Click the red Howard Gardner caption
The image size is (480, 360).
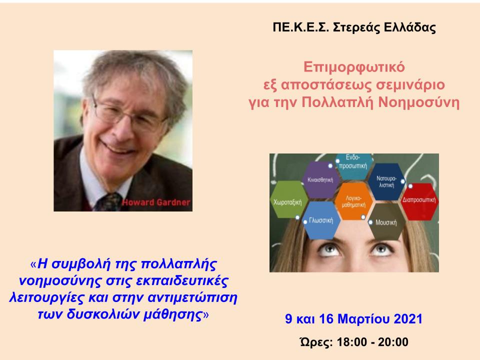(x=156, y=202)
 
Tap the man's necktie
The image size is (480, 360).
(x=108, y=202)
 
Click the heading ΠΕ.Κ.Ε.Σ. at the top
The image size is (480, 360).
(x=300, y=27)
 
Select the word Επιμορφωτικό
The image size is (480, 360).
(x=354, y=67)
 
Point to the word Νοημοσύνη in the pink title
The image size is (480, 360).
(x=419, y=102)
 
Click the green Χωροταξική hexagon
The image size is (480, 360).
(x=288, y=199)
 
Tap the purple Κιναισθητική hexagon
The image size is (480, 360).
(x=320, y=179)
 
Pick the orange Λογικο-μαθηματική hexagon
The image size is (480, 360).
(x=353, y=201)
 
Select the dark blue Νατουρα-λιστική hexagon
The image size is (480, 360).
(x=386, y=181)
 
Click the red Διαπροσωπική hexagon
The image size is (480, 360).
(x=419, y=201)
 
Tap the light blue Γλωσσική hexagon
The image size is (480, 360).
(x=321, y=220)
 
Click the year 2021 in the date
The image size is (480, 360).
(x=408, y=319)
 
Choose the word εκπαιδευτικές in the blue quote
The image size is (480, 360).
(x=182, y=280)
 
